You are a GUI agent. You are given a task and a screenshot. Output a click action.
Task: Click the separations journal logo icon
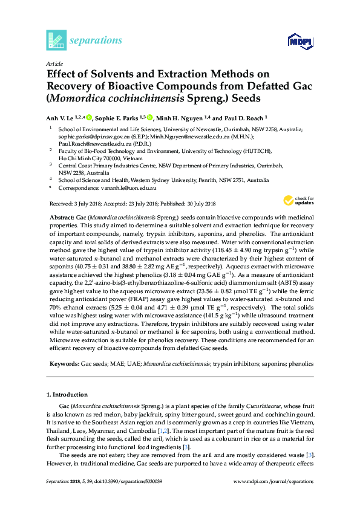click(x=56, y=40)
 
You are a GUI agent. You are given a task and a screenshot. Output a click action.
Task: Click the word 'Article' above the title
click(x=54, y=63)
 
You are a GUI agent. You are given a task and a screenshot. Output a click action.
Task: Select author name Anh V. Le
click(x=61, y=118)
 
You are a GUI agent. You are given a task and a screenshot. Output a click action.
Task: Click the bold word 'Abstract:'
click(x=61, y=216)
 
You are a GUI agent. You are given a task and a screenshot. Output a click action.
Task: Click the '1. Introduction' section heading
click(x=70, y=394)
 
